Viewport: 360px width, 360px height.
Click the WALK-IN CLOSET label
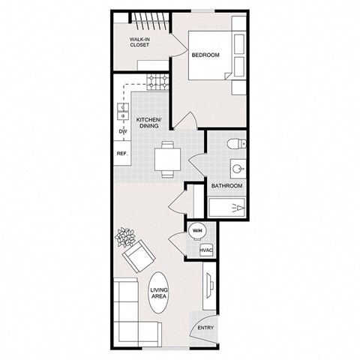click(x=140, y=42)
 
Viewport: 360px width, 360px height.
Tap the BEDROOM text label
click(x=205, y=55)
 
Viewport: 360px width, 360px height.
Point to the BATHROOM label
click(x=226, y=185)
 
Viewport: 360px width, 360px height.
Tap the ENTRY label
click(x=205, y=328)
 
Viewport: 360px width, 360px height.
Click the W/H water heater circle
click(x=197, y=231)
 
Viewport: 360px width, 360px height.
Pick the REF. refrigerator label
click(x=121, y=154)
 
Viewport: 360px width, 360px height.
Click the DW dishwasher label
click(x=121, y=131)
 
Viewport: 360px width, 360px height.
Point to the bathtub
click(x=226, y=206)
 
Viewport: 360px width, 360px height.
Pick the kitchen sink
click(x=122, y=112)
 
